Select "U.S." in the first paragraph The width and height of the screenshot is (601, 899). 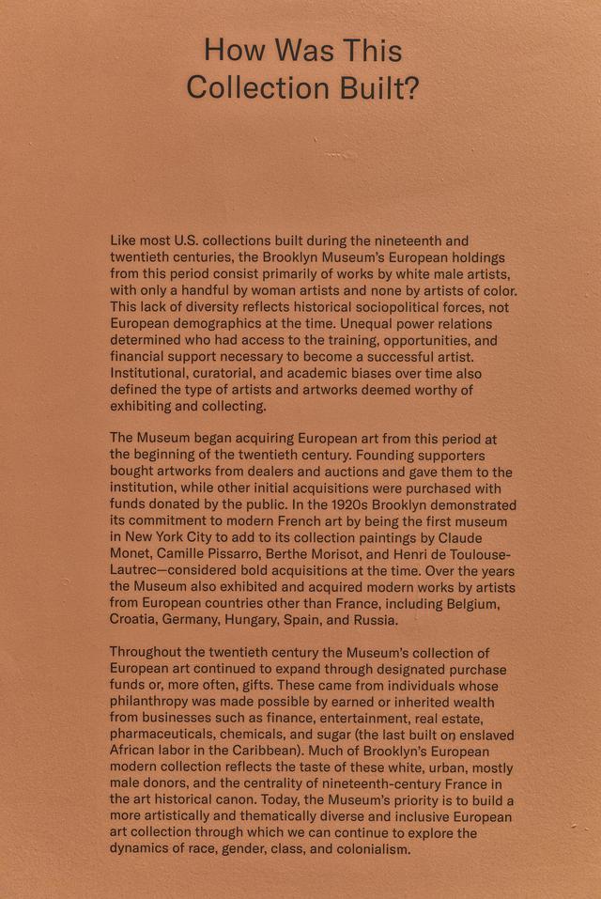pyautogui.click(x=192, y=240)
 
